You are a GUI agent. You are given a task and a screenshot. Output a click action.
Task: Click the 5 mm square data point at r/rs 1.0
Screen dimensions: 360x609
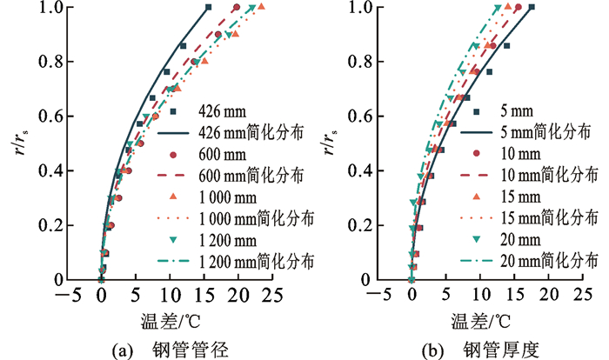click(532, 8)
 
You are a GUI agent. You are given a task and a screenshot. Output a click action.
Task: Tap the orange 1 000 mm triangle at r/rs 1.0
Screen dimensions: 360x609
click(261, 8)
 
